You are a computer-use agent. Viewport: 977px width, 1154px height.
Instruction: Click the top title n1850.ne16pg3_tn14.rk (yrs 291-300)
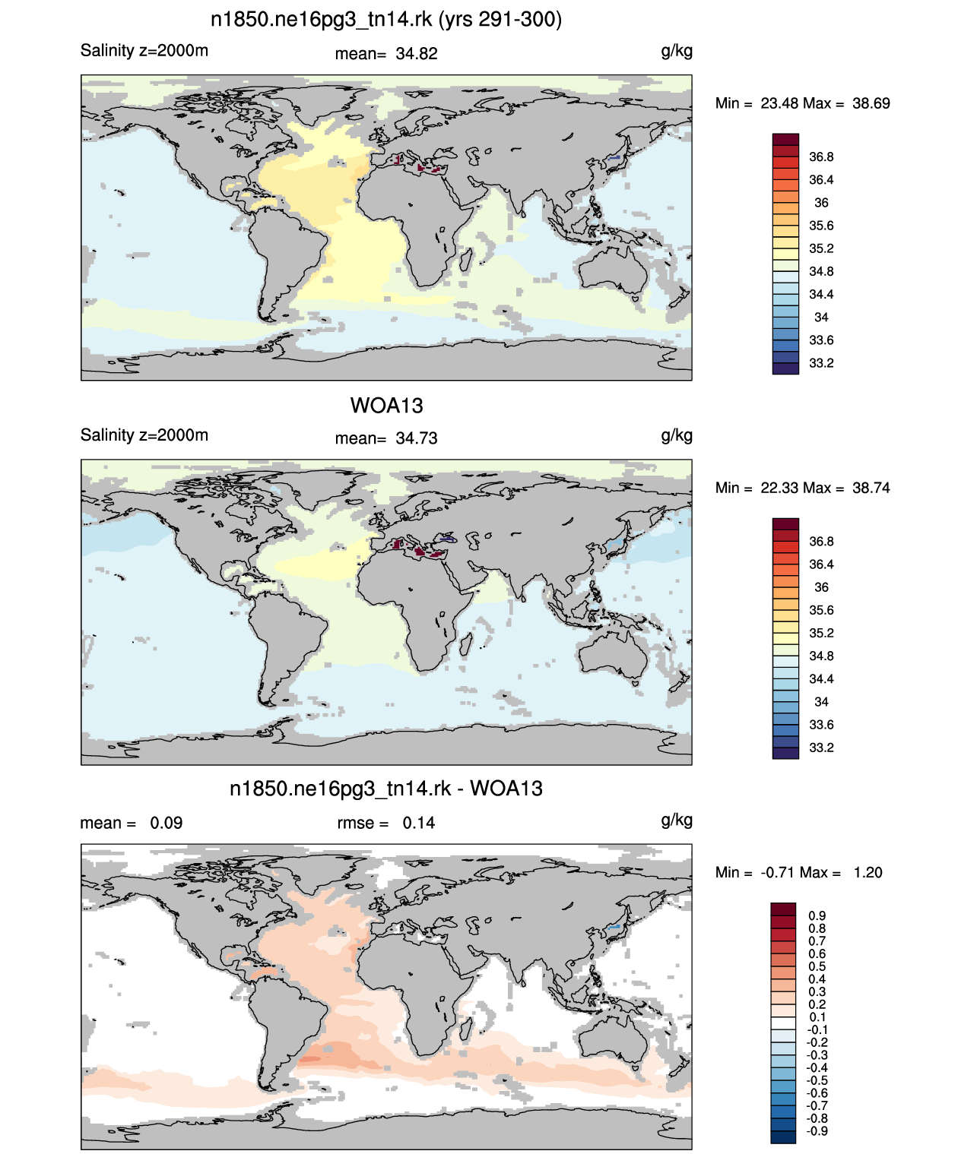[x=386, y=20]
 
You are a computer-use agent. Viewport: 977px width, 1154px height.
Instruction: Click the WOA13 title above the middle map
[x=386, y=406]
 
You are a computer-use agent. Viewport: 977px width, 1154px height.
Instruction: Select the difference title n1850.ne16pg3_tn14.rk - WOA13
[x=386, y=789]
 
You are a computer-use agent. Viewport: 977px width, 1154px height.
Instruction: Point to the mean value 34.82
[x=416, y=54]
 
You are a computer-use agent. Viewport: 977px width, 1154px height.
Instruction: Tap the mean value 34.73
[x=416, y=438]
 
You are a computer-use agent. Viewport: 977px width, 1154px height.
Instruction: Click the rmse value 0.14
[x=418, y=823]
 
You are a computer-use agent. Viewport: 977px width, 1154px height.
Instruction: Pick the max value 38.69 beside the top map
[x=871, y=103]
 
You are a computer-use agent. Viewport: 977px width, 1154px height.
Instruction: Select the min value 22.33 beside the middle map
[x=779, y=488]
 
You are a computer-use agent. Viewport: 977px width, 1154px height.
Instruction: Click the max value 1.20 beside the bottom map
[x=868, y=873]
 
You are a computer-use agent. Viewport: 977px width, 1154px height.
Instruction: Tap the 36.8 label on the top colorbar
[x=821, y=157]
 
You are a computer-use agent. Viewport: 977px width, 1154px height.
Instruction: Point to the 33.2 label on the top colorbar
[x=821, y=363]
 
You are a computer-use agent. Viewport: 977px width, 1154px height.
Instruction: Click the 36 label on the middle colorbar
[x=821, y=587]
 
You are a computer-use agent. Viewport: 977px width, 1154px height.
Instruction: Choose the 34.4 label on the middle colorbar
[x=821, y=679]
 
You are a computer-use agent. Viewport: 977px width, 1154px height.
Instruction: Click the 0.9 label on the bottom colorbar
[x=817, y=916]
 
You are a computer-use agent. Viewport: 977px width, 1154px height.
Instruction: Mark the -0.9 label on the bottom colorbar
[x=817, y=1132]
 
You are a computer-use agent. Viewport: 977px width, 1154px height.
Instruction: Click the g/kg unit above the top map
[x=677, y=52]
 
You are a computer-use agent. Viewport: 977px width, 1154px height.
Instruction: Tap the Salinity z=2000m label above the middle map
[x=144, y=435]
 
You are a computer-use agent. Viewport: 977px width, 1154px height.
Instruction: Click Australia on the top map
[x=614, y=268]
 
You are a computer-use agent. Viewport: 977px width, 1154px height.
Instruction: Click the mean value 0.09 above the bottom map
[x=166, y=823]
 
